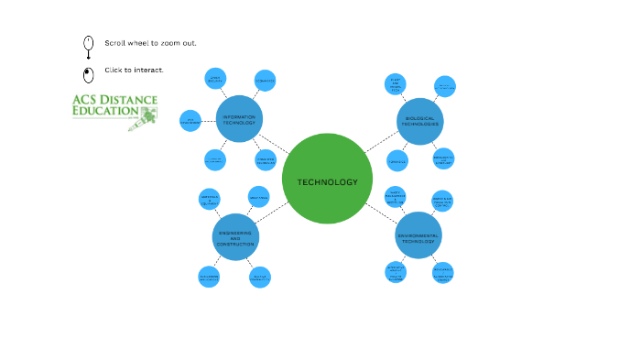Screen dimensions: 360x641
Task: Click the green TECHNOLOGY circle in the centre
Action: pyautogui.click(x=327, y=179)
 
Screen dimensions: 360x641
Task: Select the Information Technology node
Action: pyautogui.click(x=240, y=118)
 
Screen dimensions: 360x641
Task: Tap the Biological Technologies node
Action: pyautogui.click(x=418, y=123)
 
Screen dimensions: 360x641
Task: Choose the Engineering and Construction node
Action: pyautogui.click(x=235, y=237)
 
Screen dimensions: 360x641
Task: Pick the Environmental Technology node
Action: pyautogui.click(x=418, y=236)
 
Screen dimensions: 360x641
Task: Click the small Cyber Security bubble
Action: pyautogui.click(x=215, y=79)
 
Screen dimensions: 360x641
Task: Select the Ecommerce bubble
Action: pyautogui.click(x=266, y=81)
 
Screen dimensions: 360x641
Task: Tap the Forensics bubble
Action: pyautogui.click(x=397, y=161)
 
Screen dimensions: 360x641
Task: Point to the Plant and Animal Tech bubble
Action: pyautogui.click(x=395, y=84)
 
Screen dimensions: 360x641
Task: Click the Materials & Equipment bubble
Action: pyautogui.click(x=210, y=200)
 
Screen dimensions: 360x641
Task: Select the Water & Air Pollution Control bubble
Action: pyautogui.click(x=443, y=201)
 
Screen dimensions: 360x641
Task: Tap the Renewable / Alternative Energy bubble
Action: pyautogui.click(x=443, y=272)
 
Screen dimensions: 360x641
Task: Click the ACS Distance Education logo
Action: pyautogui.click(x=114, y=111)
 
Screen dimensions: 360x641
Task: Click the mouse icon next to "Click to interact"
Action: pyautogui.click(x=88, y=74)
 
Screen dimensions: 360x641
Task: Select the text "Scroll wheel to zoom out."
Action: pyautogui.click(x=150, y=43)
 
